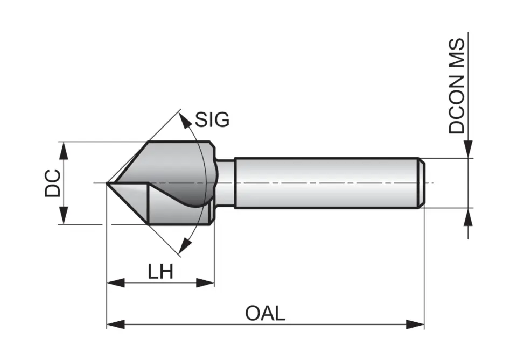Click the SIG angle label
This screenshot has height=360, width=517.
click(212, 119)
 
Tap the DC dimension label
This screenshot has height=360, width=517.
click(53, 183)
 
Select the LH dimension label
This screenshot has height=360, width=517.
click(160, 272)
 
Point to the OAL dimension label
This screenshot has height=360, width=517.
click(265, 313)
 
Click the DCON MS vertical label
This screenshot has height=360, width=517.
click(457, 86)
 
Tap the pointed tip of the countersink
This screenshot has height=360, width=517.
click(108, 184)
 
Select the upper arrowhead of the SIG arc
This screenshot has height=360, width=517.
click(186, 121)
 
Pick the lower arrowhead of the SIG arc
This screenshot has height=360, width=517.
click(185, 246)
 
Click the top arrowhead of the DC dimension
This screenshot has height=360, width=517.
click(64, 151)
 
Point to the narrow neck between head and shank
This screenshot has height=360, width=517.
click(226, 183)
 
